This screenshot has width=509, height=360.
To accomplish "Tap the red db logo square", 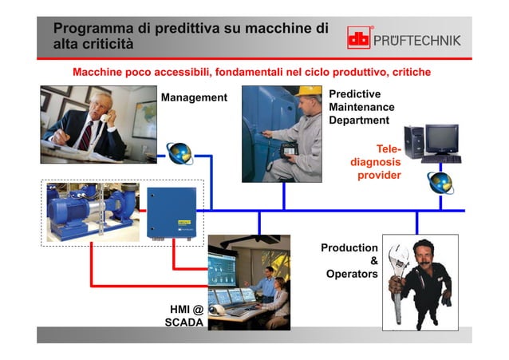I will tap(359, 38).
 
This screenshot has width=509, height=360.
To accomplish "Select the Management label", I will tap(194, 98).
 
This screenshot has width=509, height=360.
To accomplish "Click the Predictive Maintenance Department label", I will tap(361, 107).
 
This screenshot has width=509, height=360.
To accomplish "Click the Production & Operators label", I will tap(349, 261).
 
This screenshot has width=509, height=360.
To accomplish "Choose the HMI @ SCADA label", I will tap(184, 316).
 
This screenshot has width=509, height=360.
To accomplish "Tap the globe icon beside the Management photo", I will tap(178, 152).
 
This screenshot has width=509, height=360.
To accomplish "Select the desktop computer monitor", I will tap(440, 138).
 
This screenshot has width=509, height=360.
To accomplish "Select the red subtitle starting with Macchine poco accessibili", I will tap(251, 72).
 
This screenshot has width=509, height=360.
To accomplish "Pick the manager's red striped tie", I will tap(85, 134).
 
